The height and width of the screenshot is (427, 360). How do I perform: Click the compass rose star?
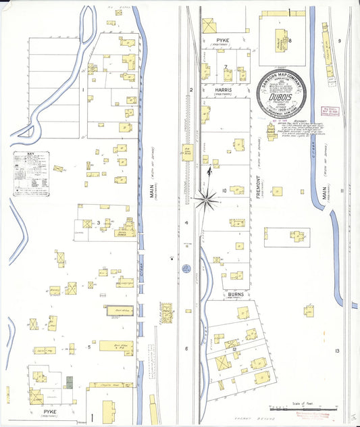point(205,197)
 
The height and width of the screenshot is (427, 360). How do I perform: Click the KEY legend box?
point(32,174)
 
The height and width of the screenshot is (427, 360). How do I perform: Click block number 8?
point(290,41)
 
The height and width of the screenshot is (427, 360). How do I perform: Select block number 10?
point(224,191)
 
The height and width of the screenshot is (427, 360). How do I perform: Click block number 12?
point(234,349)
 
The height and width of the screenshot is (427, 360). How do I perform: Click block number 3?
point(98,222)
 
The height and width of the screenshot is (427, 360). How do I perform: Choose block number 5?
point(88,347)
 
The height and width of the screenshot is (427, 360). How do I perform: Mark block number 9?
point(340,41)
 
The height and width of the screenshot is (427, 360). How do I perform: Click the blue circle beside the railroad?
point(186,268)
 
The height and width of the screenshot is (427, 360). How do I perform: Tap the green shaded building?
point(68,382)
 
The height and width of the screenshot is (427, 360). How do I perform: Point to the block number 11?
point(342,191)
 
